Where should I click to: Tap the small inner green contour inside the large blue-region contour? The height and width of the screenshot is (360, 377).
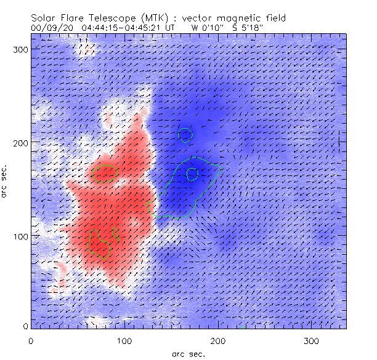coord(193,174)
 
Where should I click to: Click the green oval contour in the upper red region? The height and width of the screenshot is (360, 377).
coord(105,174)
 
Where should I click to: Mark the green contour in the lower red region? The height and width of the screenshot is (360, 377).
coord(100,241)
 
